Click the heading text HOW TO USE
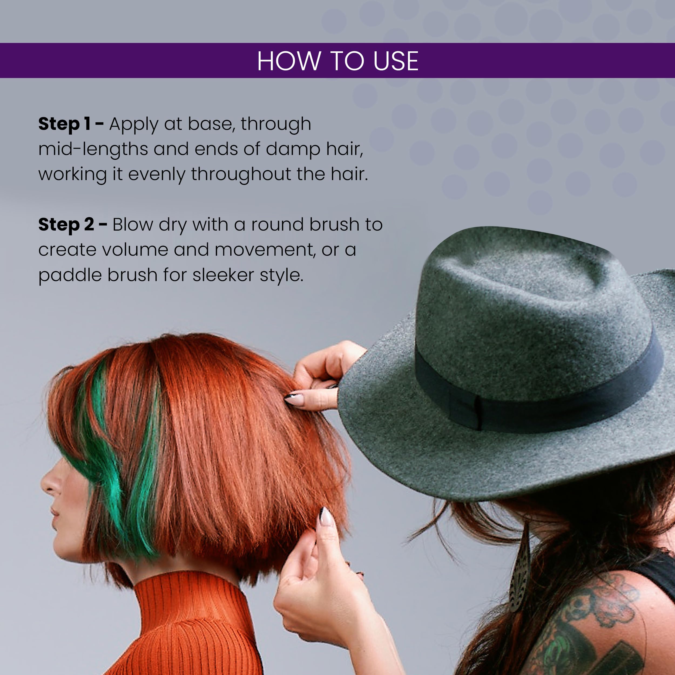tap(337, 61)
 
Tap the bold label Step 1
tap(64, 124)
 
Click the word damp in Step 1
tap(293, 149)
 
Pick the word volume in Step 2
tap(135, 249)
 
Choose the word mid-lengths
tap(93, 149)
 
